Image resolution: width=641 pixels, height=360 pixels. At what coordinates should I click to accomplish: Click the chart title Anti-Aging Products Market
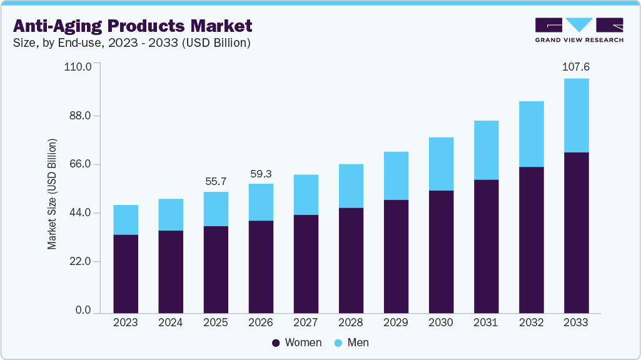pyautogui.click(x=133, y=26)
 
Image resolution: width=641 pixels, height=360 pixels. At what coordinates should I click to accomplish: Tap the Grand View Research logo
pyautogui.click(x=579, y=30)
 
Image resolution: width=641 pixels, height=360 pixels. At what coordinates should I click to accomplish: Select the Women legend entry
pyautogui.click(x=296, y=342)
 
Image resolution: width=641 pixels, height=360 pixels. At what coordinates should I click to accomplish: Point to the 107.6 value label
pyautogui.click(x=576, y=67)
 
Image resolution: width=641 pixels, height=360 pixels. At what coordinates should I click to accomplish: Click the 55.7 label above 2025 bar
pyautogui.click(x=216, y=181)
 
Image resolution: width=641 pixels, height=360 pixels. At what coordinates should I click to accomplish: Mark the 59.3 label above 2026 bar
pyautogui.click(x=261, y=173)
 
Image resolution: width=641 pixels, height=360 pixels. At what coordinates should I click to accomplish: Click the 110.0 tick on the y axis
pyautogui.click(x=78, y=66)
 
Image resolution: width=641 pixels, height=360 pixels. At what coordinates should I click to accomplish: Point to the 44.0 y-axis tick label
pyautogui.click(x=80, y=213)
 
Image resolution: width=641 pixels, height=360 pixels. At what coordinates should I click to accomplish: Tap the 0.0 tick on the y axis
pyautogui.click(x=83, y=311)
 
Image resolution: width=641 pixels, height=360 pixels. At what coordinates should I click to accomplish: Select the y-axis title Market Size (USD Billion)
pyautogui.click(x=53, y=194)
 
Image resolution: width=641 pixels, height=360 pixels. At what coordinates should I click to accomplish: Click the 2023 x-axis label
pyautogui.click(x=126, y=322)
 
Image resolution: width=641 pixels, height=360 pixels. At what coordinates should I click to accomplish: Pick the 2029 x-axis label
pyautogui.click(x=396, y=322)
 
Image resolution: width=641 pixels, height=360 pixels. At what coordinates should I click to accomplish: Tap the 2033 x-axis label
pyautogui.click(x=576, y=322)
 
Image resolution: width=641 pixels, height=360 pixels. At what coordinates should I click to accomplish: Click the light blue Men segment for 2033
pyautogui.click(x=576, y=115)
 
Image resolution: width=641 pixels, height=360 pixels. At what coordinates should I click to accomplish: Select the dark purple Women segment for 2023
pyautogui.click(x=126, y=273)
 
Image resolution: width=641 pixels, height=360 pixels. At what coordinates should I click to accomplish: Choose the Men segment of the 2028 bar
pyautogui.click(x=351, y=186)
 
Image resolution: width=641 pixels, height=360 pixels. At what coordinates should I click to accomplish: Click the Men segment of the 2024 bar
pyautogui.click(x=171, y=214)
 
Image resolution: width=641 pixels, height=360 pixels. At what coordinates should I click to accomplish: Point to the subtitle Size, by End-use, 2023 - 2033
pyautogui.click(x=132, y=43)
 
